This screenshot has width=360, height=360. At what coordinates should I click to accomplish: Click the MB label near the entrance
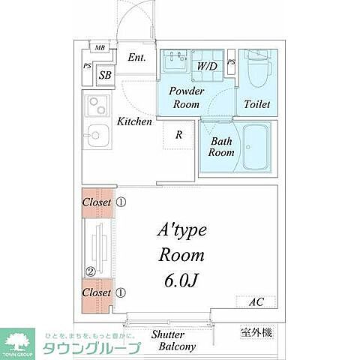click(100, 48)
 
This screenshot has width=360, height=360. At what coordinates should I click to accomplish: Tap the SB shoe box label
click(105, 75)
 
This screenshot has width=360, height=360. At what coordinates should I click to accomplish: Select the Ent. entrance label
click(136, 58)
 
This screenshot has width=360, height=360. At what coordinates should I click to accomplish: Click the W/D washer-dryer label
click(208, 67)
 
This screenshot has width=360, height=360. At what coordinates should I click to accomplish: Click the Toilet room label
click(258, 105)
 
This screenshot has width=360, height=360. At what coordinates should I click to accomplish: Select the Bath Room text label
click(221, 146)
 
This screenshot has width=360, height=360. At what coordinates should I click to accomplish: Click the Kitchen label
click(135, 121)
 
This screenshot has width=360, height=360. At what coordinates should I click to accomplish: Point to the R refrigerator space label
click(178, 136)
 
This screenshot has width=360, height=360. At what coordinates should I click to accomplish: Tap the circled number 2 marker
click(89, 271)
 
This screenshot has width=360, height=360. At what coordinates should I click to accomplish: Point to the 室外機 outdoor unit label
click(256, 332)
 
